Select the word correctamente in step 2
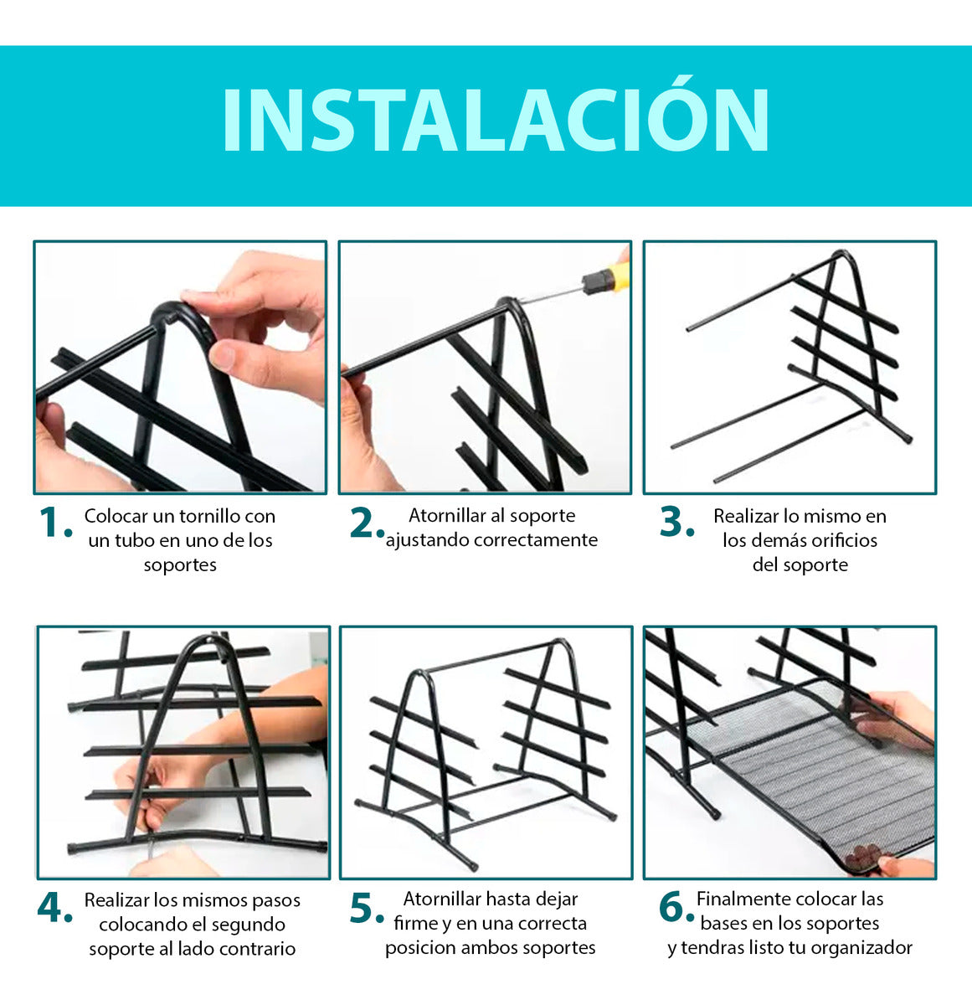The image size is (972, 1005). (535, 540)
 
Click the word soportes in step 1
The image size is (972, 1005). (180, 564)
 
